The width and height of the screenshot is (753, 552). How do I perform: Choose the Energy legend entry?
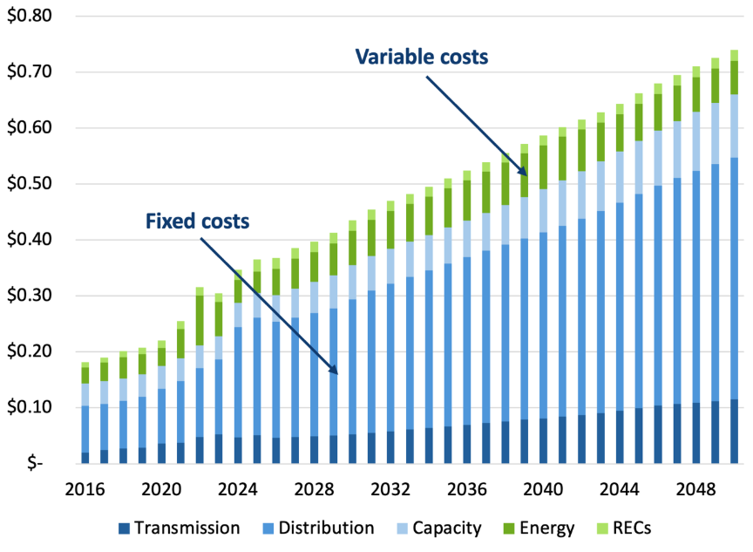546,528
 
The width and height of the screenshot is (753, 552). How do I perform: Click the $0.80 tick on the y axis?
30,17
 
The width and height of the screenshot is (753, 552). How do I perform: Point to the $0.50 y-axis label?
30,184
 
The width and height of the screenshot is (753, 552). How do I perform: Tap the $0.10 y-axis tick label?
30,407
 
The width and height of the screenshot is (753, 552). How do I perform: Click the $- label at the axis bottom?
39,463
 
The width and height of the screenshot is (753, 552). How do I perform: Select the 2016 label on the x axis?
85,490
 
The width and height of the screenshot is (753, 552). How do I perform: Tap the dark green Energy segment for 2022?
200,320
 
